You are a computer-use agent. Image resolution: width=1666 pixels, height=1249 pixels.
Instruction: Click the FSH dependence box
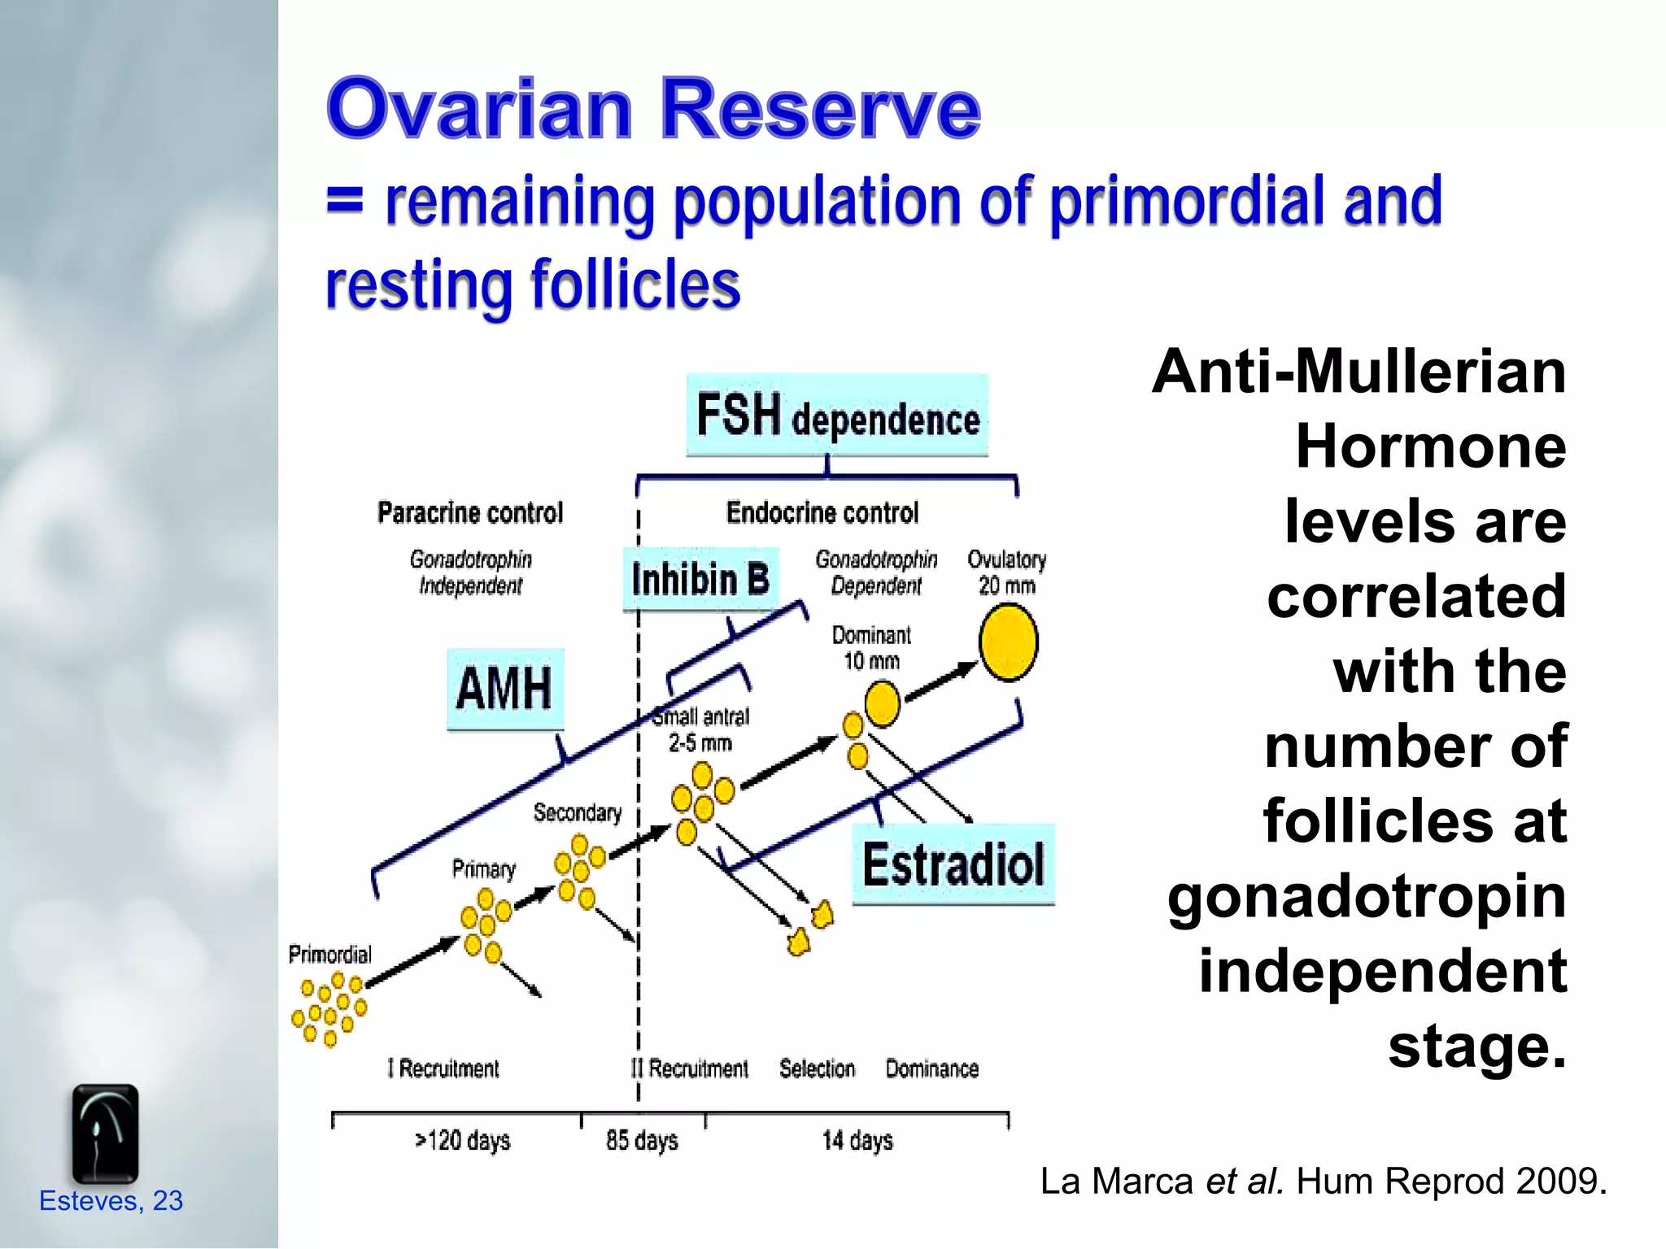837,416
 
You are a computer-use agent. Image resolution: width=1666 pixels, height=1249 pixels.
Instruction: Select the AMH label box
505,689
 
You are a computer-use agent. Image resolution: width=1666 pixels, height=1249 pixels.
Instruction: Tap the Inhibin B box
700,579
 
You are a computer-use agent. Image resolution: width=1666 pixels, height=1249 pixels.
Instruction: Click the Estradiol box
953,864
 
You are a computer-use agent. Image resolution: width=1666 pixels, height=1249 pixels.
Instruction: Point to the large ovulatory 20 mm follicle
1008,642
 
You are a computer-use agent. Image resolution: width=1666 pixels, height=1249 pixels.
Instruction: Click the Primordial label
329,954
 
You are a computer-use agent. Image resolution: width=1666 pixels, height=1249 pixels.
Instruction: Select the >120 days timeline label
462,1140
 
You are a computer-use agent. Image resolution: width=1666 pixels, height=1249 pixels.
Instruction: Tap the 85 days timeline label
642,1140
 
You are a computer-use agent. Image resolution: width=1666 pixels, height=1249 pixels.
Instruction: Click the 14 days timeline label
857,1140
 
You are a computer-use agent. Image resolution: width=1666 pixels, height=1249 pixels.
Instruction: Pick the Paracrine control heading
470,513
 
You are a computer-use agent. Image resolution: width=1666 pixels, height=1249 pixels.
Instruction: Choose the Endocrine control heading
822,513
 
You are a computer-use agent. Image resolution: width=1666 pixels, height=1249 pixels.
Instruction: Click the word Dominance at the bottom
931,1068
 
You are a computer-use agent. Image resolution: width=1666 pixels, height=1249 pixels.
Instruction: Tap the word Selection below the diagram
817,1068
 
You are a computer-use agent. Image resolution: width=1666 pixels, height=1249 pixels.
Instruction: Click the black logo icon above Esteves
105,1134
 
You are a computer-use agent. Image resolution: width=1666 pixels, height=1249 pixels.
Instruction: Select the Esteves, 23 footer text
111,1201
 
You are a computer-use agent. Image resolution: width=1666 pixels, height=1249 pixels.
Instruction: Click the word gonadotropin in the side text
1367,897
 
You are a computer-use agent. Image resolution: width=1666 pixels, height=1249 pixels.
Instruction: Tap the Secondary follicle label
577,812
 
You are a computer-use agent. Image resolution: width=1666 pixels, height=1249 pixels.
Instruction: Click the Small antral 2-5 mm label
701,729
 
